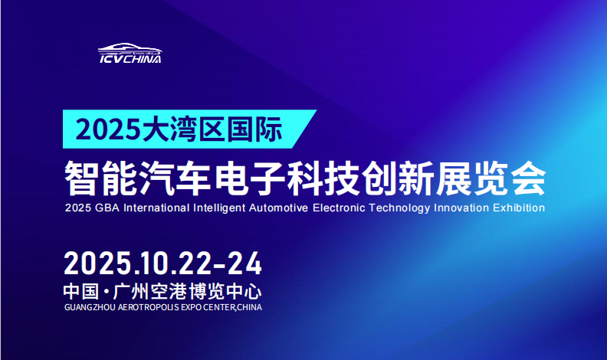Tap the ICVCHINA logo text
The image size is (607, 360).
coord(130,58)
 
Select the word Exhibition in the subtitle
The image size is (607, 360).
coord(520,208)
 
